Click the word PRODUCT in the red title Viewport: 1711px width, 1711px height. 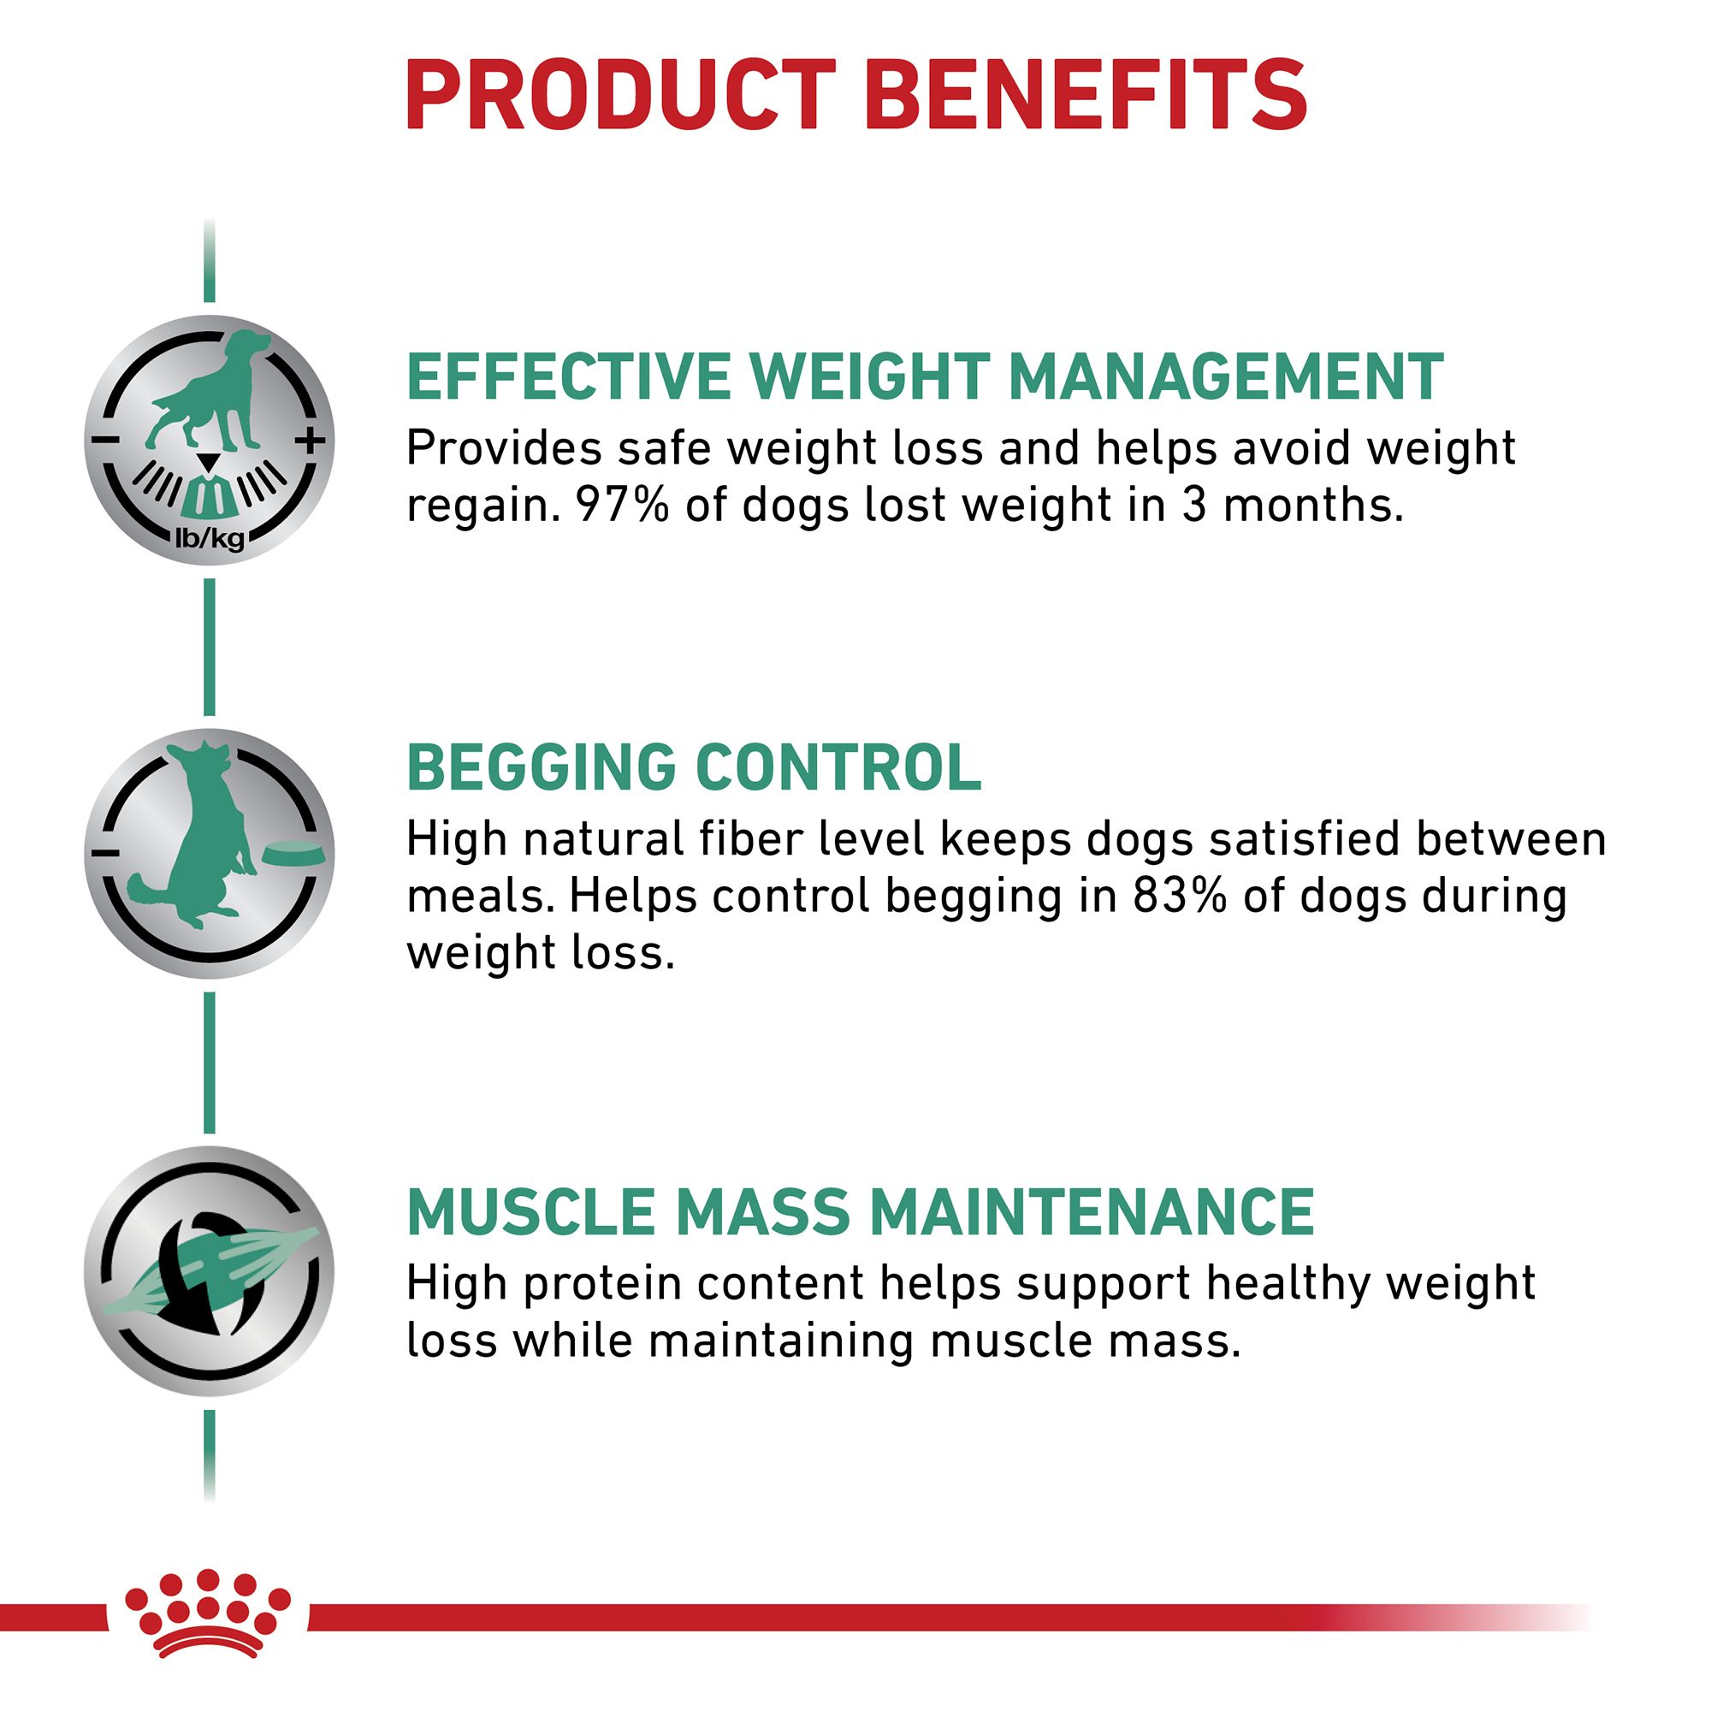(621, 96)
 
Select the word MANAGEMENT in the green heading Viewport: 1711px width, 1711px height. (1226, 377)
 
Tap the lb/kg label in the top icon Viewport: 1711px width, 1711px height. (210, 537)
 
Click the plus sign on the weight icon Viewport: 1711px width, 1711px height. (310, 440)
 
